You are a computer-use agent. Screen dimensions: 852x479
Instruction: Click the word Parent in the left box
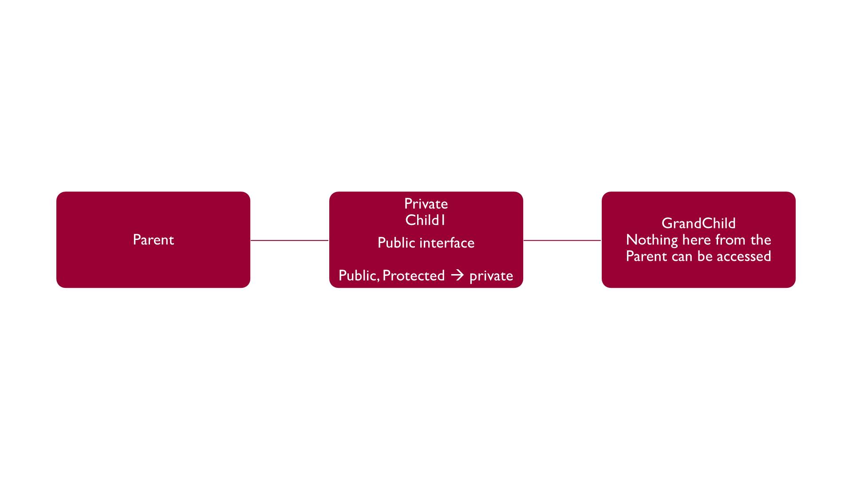coord(153,239)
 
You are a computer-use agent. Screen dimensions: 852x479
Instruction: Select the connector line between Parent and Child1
coord(289,240)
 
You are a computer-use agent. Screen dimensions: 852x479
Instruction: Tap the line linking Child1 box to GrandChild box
coord(562,240)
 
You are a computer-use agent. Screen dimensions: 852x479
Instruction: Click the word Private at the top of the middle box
coord(426,204)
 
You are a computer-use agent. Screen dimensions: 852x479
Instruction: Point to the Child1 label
coord(425,220)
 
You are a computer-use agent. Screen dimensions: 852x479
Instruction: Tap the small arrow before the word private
coord(457,275)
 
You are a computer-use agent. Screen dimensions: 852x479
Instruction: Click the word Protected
coord(414,275)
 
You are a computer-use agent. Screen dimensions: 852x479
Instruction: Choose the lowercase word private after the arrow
coord(491,276)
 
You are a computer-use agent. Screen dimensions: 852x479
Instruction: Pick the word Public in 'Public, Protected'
coord(358,275)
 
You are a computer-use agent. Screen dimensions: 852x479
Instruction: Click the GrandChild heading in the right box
coord(698,223)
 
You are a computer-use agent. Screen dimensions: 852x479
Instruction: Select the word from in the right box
coord(731,239)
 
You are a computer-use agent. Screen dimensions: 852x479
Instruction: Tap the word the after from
coord(761,239)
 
